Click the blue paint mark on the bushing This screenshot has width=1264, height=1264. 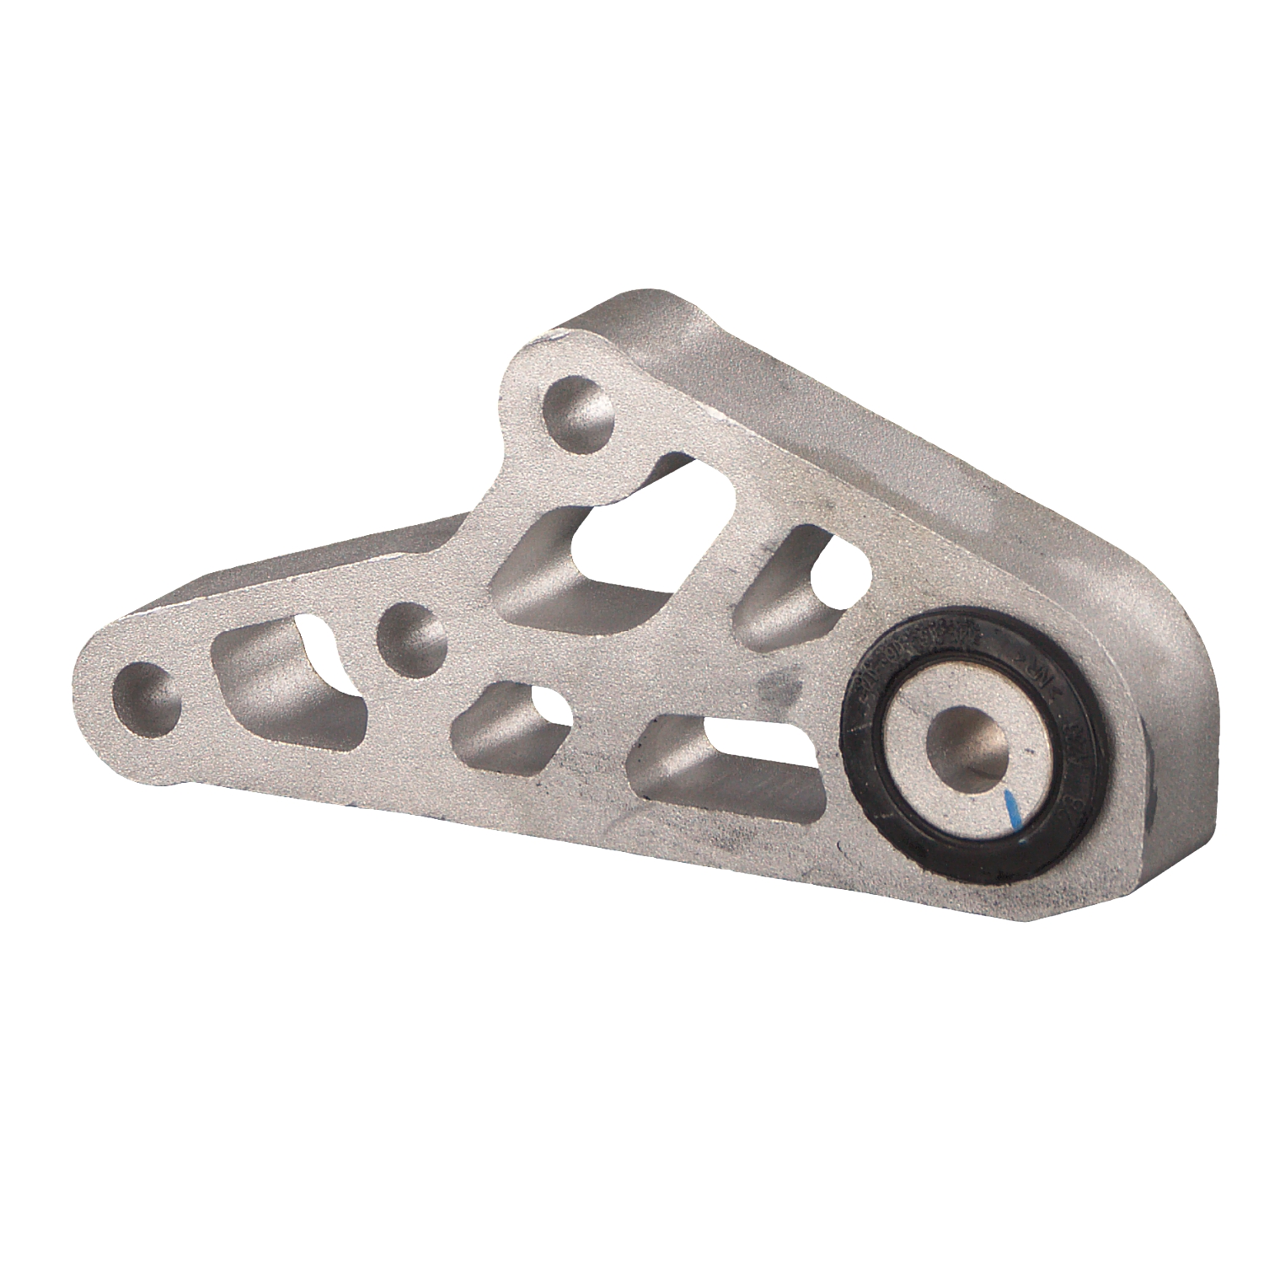1013,808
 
